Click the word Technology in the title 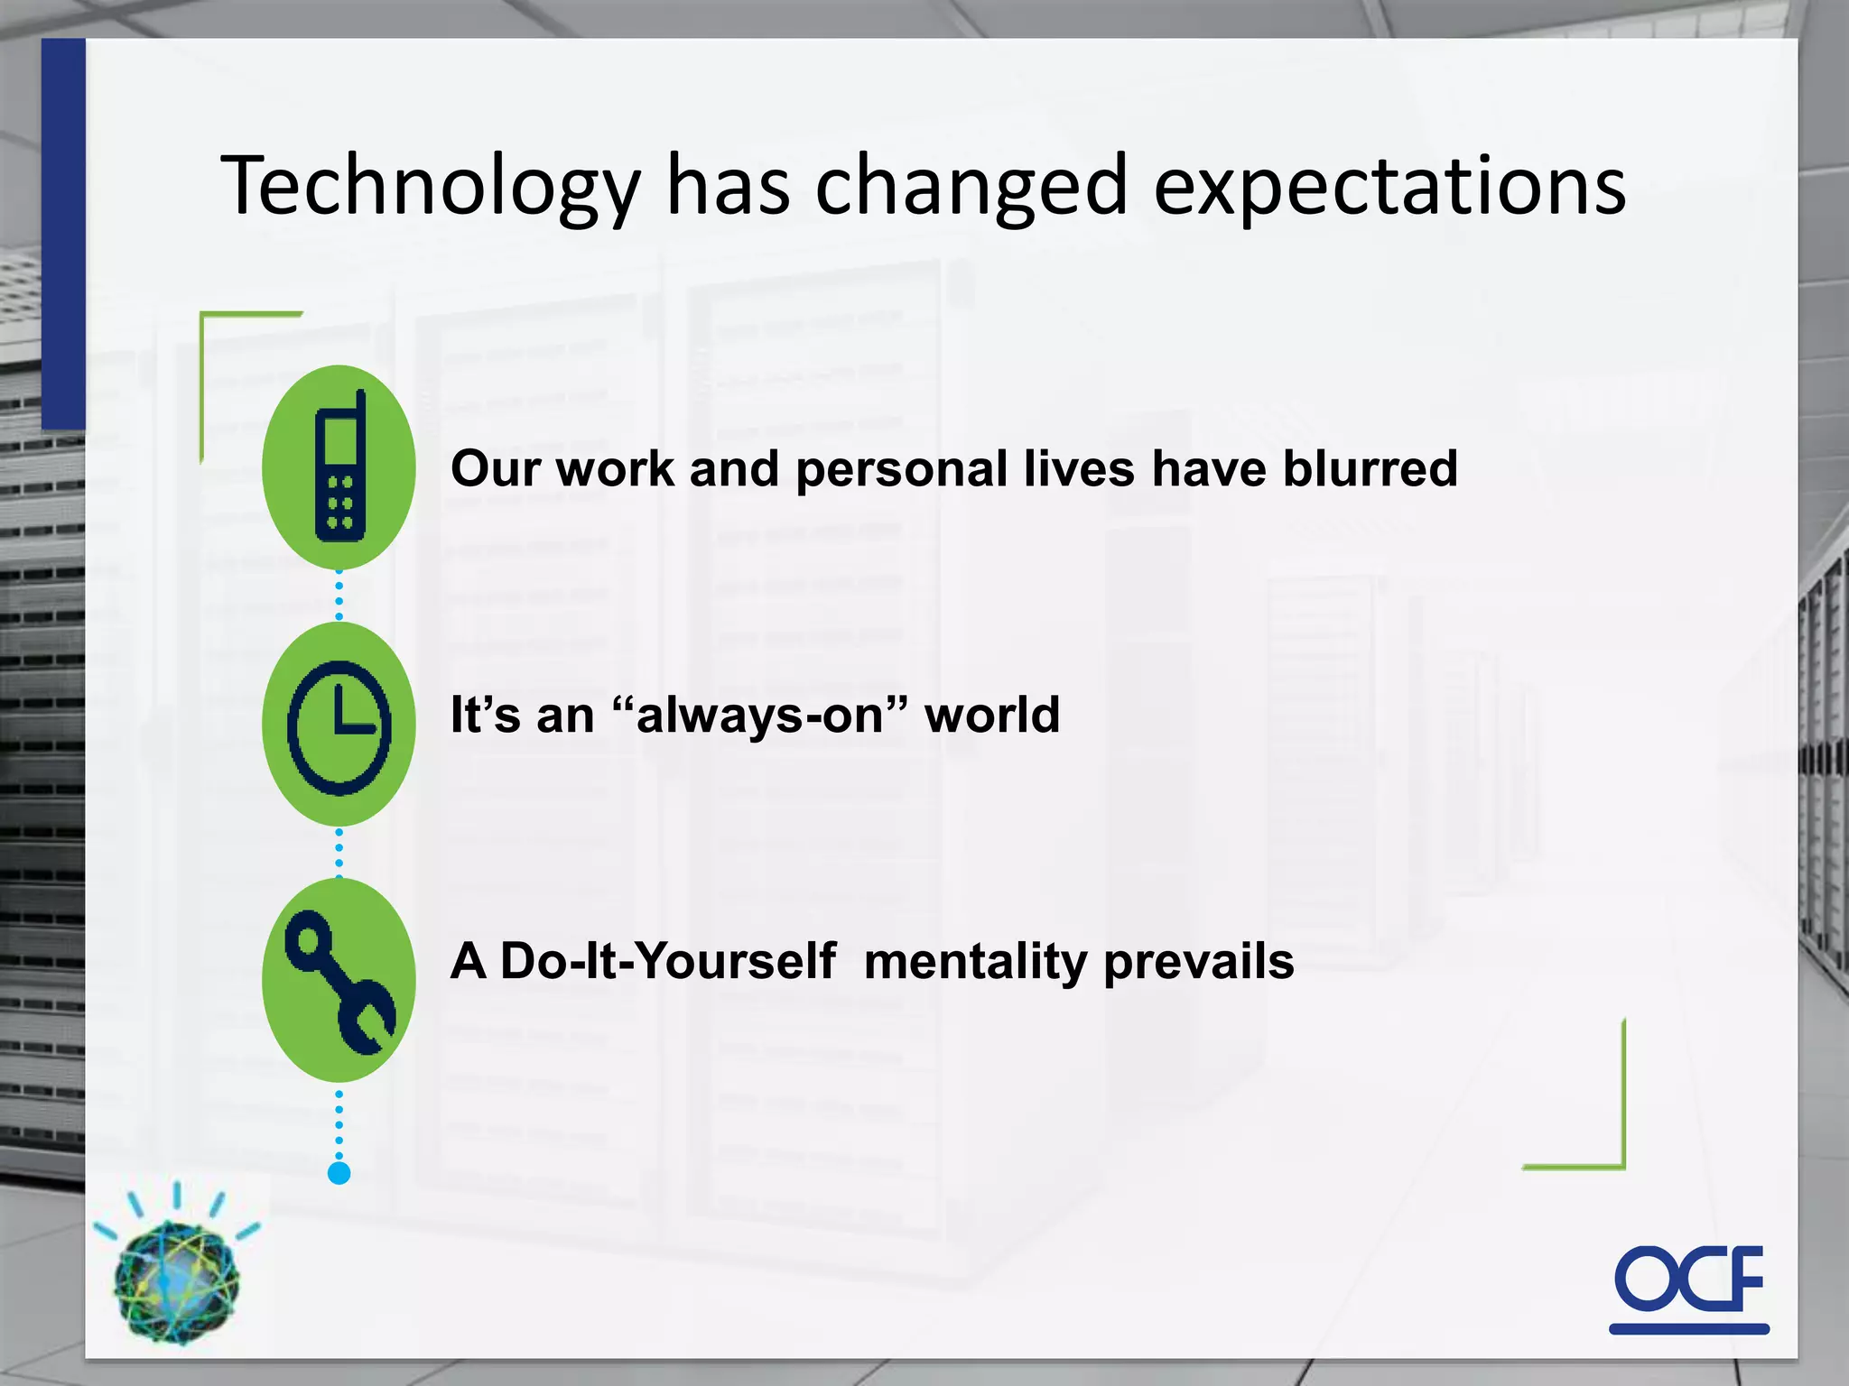[430, 188]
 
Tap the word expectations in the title [1390, 188]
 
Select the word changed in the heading [971, 188]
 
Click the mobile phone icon [339, 467]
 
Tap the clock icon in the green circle [339, 725]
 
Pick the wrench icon [339, 981]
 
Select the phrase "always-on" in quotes [758, 716]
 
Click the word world [991, 716]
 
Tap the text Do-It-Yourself [667, 961]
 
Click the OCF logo [1688, 1287]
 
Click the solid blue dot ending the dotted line [339, 1173]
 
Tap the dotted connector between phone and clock [339, 596]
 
